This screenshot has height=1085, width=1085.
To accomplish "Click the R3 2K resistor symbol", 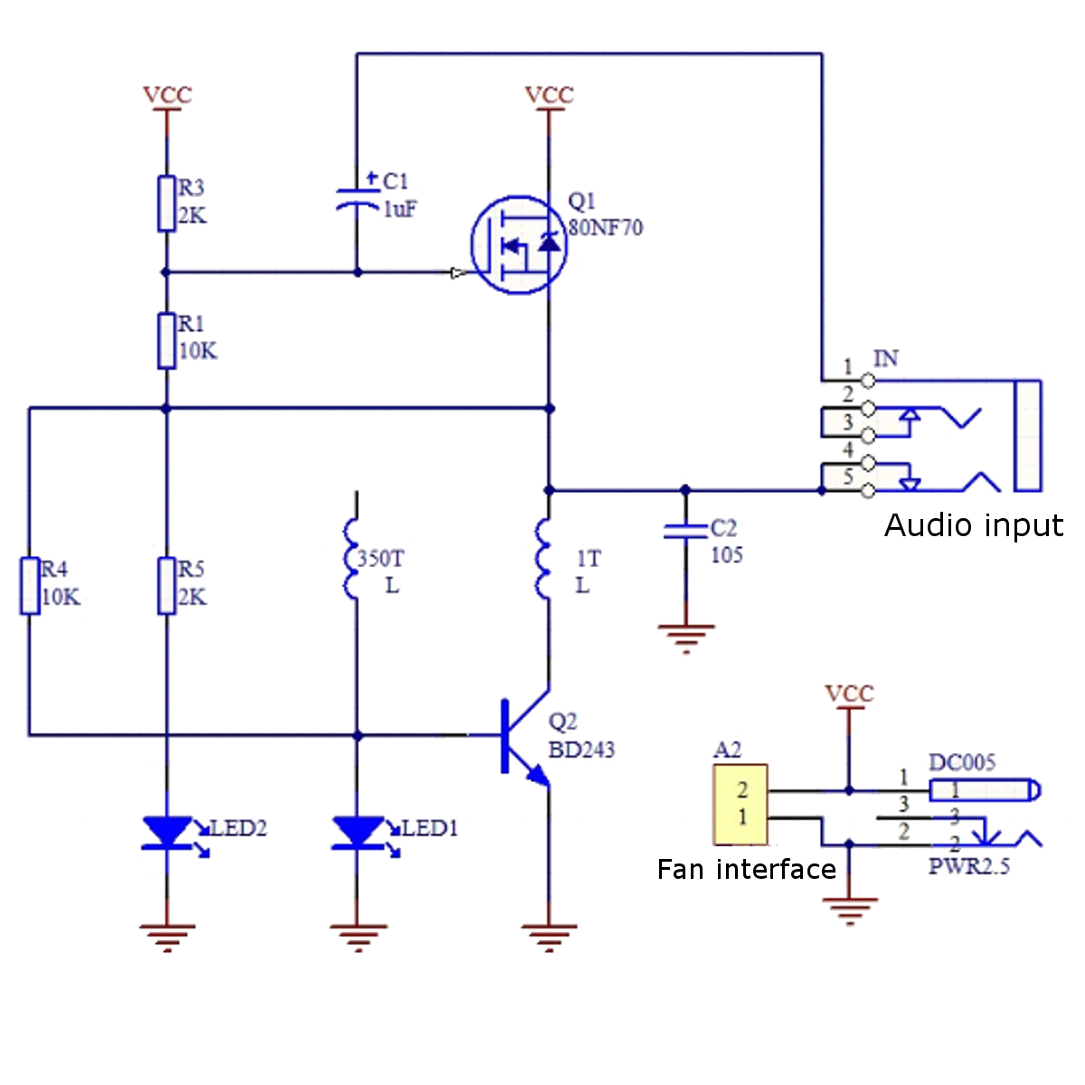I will [x=166, y=203].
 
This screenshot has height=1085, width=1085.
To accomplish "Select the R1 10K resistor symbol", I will [x=166, y=341].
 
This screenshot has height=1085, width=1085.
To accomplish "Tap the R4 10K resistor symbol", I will [x=30, y=586].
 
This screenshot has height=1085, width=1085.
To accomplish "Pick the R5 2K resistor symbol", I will [x=166, y=586].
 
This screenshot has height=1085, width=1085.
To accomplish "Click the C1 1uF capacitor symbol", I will [x=357, y=200].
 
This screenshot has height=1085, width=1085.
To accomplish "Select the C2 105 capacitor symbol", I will [x=685, y=531].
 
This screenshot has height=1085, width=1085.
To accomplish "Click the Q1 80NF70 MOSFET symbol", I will [x=519, y=245].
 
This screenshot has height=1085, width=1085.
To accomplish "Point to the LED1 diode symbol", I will [x=358, y=833].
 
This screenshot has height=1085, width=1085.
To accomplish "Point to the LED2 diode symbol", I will [x=167, y=833].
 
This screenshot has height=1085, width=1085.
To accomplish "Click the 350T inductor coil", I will [x=353, y=559].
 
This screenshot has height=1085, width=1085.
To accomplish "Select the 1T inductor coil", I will [x=543, y=559].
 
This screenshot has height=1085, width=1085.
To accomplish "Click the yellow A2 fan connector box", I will [x=741, y=804].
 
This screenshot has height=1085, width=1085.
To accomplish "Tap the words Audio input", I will [x=973, y=525].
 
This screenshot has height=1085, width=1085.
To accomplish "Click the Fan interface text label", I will [x=746, y=869].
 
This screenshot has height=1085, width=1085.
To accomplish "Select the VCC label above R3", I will [x=167, y=95].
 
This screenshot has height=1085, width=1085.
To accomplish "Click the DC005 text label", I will [x=961, y=762].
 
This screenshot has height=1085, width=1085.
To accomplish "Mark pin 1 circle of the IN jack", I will [x=868, y=381].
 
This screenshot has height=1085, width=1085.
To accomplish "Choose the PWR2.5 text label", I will [x=968, y=866].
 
